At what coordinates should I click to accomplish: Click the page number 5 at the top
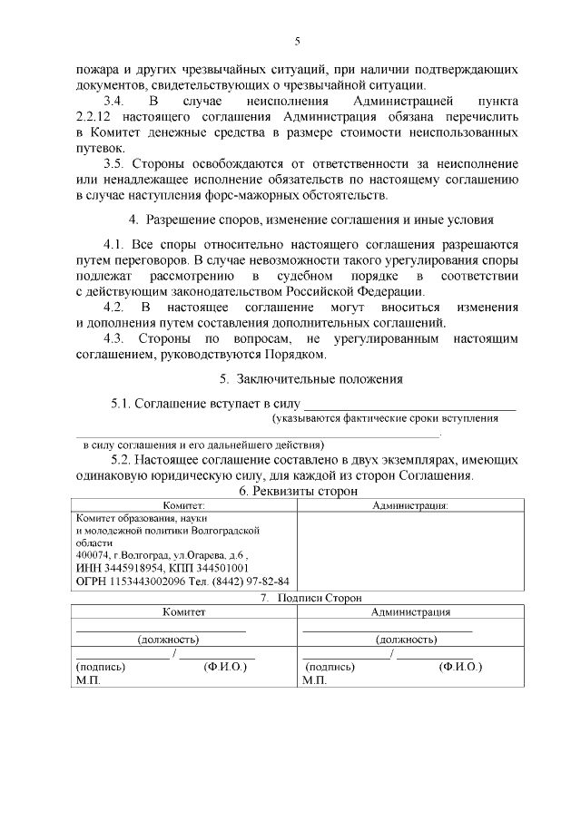[297, 41]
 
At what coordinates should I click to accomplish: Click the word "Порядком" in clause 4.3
[298, 355]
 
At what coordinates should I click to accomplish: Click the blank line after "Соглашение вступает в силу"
[409, 404]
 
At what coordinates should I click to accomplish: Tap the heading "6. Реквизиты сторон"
[298, 491]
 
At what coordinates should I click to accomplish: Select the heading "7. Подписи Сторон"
[298, 598]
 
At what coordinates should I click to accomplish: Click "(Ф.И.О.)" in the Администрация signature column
[460, 666]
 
